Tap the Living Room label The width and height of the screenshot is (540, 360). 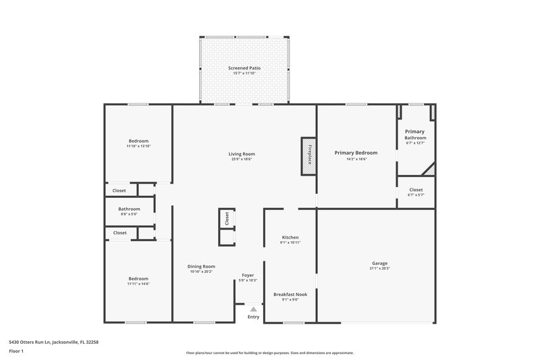point(242,154)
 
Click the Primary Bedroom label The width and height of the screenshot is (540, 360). point(356,153)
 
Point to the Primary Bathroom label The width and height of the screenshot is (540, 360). point(414,134)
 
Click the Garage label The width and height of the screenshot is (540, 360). point(379,263)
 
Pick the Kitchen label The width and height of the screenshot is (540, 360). point(290,238)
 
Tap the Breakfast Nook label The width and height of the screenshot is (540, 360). point(290,294)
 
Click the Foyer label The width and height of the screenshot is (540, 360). point(248,275)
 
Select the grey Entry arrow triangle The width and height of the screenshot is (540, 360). point(253,309)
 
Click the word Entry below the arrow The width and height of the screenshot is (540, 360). point(253,317)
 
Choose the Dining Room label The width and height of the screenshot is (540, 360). point(201,266)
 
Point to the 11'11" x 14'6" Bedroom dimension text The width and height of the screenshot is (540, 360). point(138,284)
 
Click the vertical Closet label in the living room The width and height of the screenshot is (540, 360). point(227,219)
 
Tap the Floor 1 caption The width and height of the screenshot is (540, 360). point(16,351)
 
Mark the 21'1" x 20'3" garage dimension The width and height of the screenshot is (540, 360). point(379,269)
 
